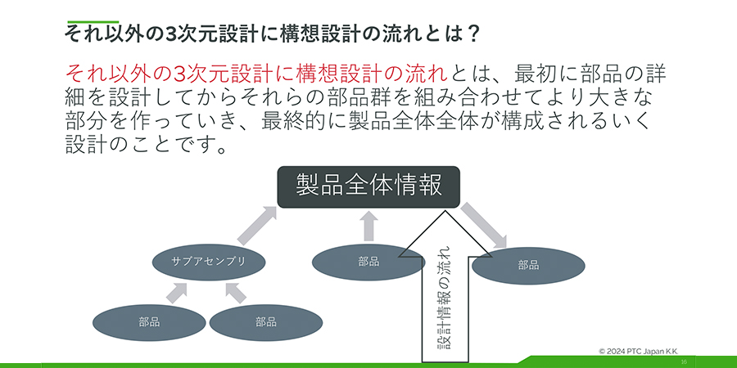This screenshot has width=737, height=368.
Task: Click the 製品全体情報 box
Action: click(x=368, y=186)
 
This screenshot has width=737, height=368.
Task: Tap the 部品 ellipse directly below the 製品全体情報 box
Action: click(x=368, y=262)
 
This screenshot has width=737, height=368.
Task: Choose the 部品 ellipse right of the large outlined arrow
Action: click(x=528, y=265)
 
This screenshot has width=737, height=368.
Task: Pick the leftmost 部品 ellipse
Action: click(x=149, y=322)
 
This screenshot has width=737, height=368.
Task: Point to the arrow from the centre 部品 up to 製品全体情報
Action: click(x=368, y=226)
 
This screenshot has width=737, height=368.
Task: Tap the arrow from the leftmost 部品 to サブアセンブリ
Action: click(x=178, y=292)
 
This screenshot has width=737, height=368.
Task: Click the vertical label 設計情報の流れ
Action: click(x=443, y=295)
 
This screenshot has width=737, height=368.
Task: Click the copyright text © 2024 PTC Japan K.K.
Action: click(x=644, y=350)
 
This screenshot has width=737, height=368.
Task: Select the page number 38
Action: click(x=683, y=361)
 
